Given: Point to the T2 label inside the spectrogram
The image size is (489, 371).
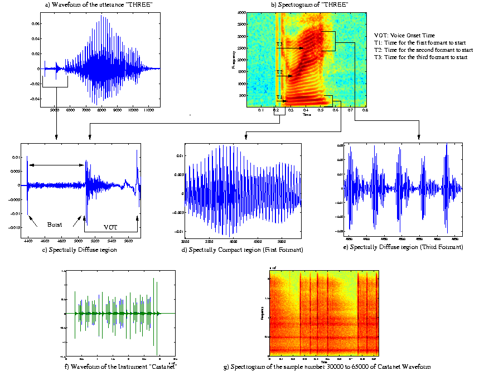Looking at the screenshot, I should click(280, 72).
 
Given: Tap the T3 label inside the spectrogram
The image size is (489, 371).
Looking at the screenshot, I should click(280, 44).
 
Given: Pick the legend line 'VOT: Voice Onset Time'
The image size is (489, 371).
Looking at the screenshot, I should click(404, 35).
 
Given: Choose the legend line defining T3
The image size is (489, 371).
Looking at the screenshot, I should click(420, 57).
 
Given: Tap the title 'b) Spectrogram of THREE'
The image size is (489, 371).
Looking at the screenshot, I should click(310, 5).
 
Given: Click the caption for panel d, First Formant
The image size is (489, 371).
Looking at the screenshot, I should click(243, 249).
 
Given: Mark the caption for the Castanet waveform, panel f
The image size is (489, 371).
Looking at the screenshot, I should click(120, 366).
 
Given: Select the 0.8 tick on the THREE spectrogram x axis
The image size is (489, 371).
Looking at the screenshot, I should click(365, 111).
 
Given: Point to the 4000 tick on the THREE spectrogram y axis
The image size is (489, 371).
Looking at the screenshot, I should click(241, 12).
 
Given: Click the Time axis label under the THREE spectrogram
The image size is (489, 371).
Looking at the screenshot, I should click(307, 115).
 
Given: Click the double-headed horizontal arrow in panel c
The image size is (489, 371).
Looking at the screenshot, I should click(57, 165).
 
